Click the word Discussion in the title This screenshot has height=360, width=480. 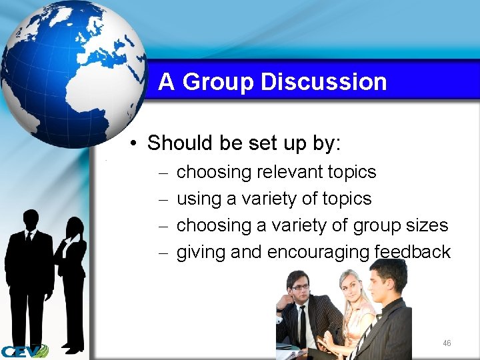point(324,82)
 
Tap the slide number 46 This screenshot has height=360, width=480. point(447,343)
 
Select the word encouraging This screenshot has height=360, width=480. point(318,253)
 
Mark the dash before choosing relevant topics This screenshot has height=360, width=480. point(164,173)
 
